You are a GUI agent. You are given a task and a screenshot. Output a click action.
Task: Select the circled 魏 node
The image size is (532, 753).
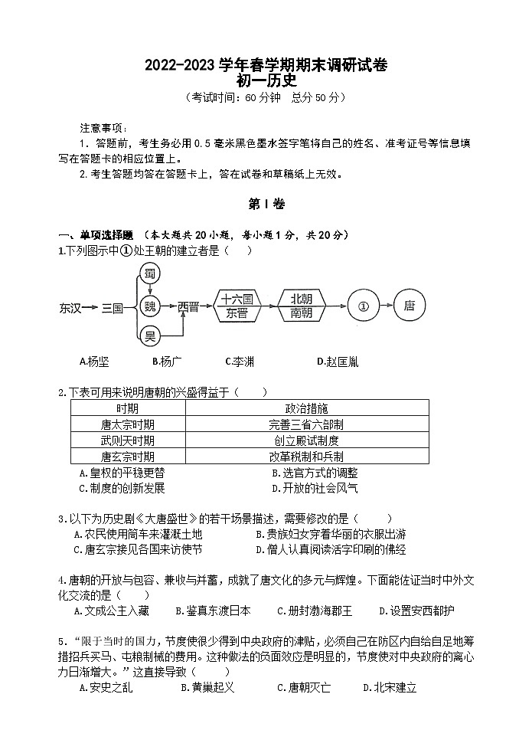pos(150,305)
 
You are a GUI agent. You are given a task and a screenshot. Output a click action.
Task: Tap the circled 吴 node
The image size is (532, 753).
pos(150,335)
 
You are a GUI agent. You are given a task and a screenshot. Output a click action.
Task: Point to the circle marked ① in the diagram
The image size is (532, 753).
pos(364,305)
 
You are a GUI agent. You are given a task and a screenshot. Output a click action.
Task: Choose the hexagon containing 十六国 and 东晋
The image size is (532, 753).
pos(237,305)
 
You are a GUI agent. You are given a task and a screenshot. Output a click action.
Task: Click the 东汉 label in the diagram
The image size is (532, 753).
pos(70,306)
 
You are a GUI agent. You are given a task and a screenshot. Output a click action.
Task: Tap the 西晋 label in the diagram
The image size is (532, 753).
pos(188,306)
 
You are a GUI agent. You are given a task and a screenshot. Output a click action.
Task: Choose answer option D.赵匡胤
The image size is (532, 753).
pos(337,361)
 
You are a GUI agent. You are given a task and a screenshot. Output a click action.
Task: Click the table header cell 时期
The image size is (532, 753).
pos(127,408)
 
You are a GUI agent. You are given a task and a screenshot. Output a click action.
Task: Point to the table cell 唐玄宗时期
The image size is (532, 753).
pos(127,456)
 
